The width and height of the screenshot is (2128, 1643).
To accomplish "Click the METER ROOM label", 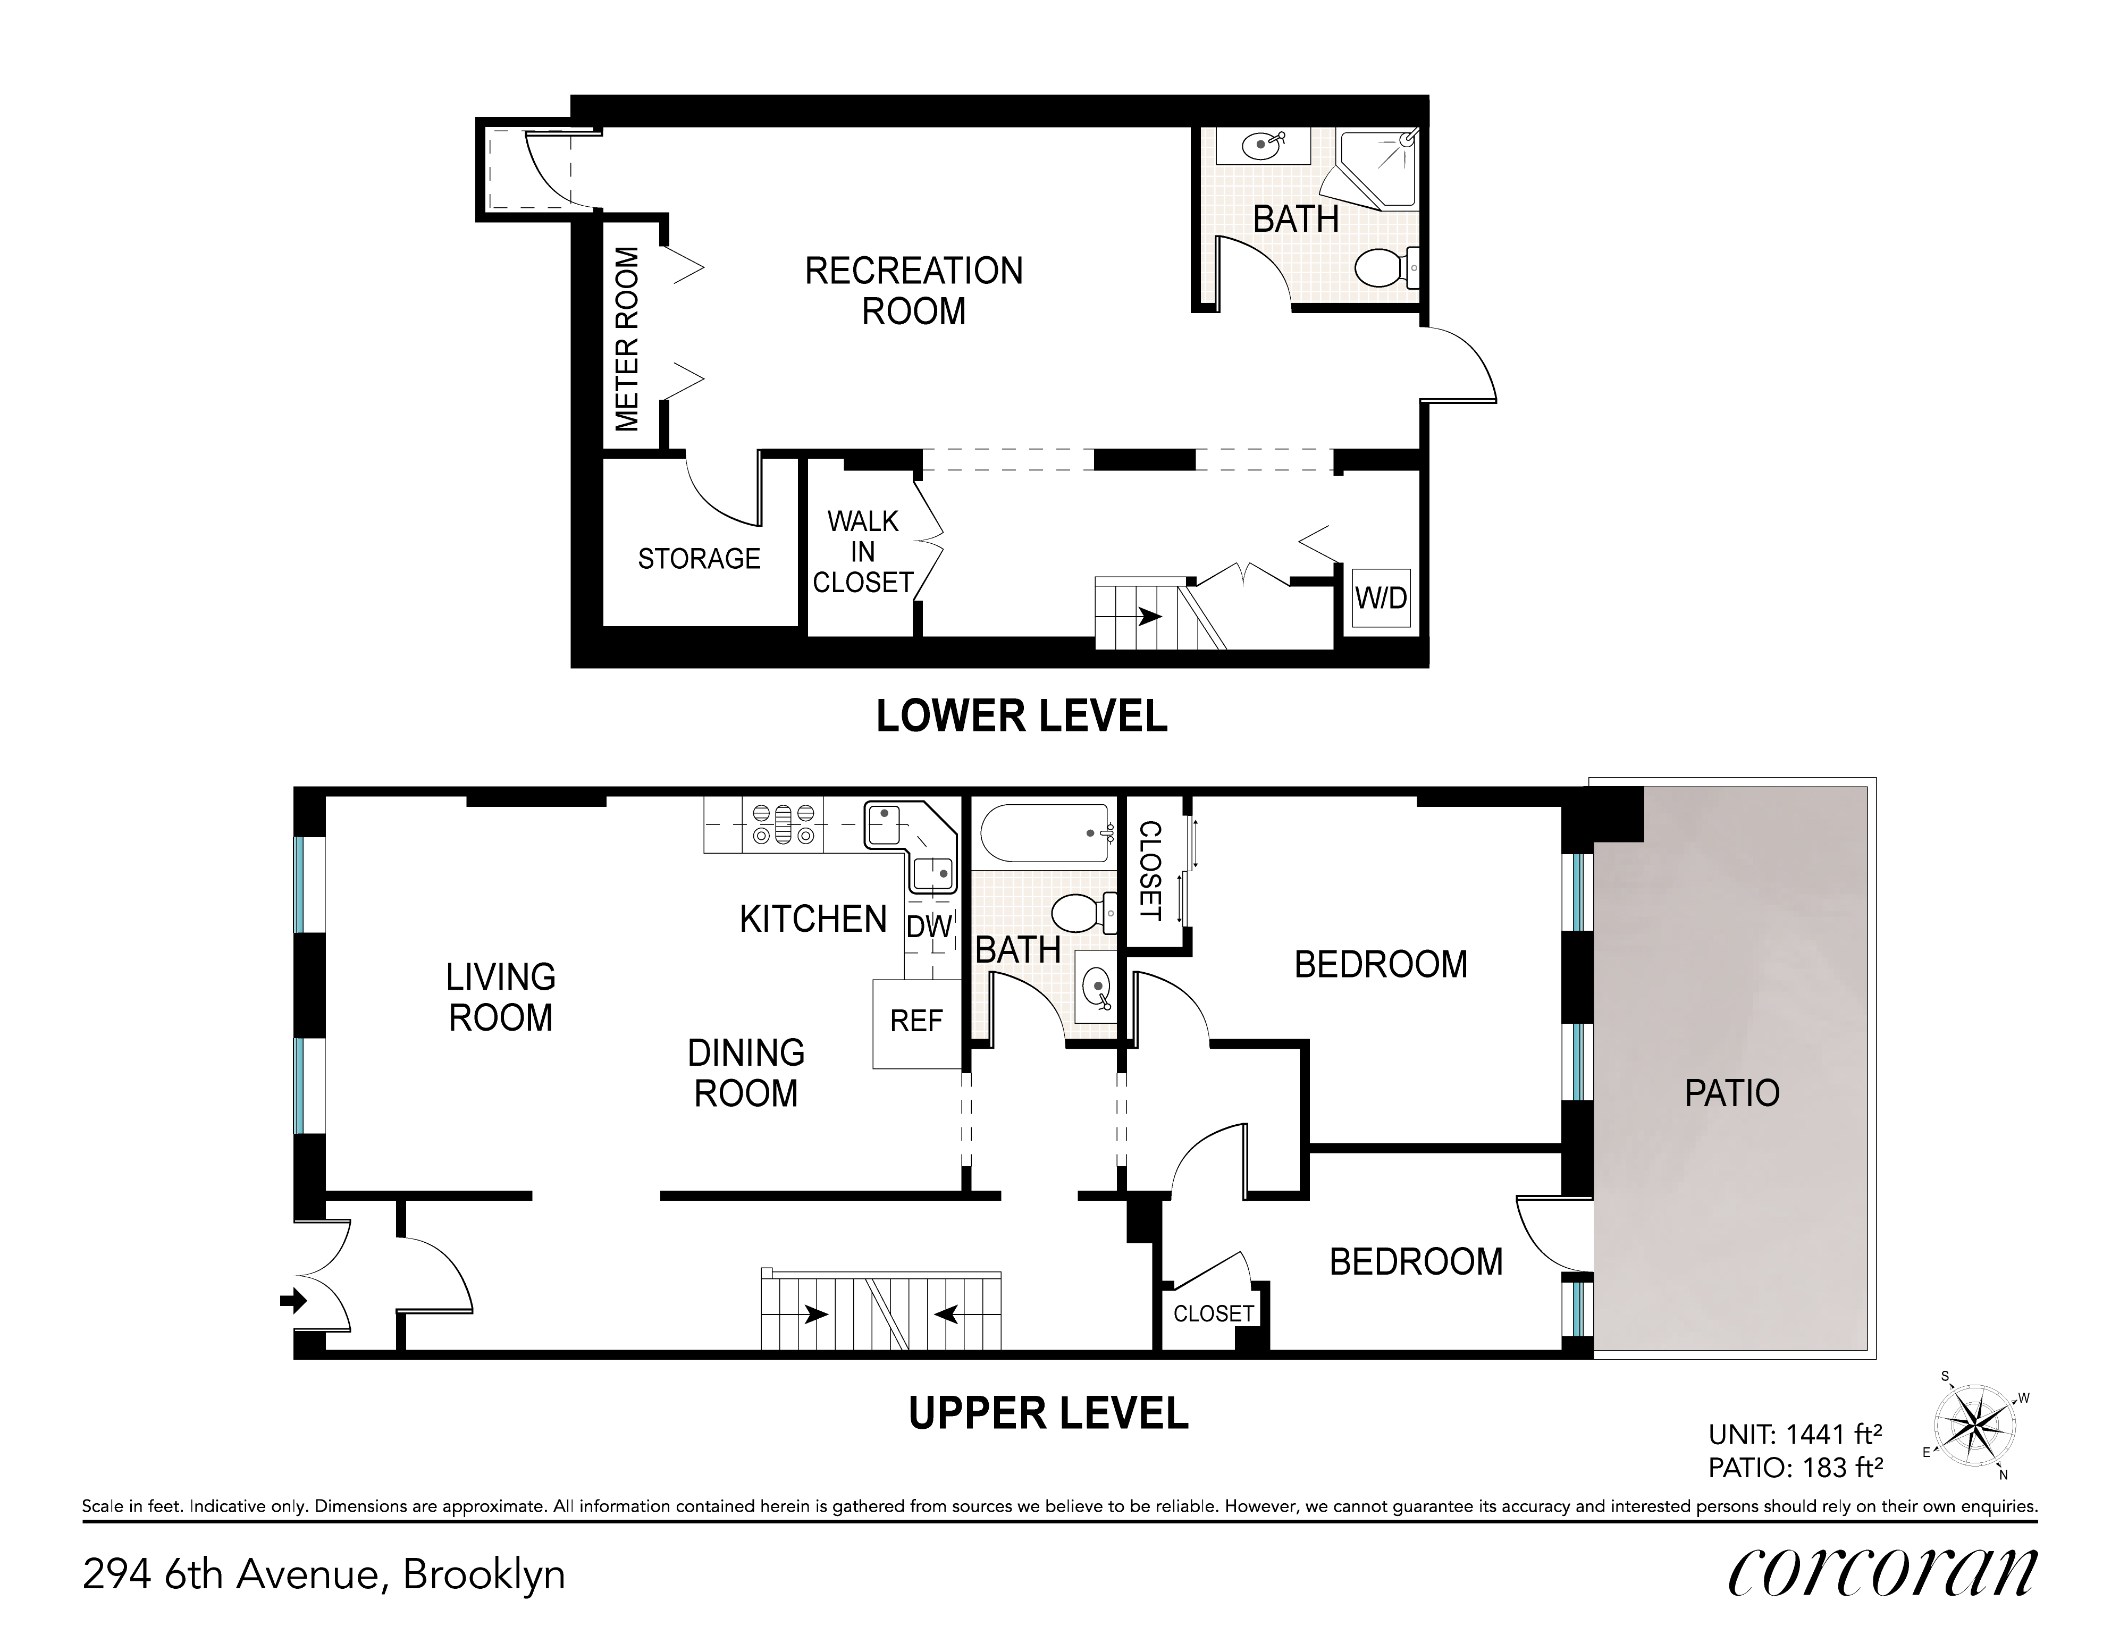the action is (627, 339).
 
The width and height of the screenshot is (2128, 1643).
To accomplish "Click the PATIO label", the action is (1731, 1093).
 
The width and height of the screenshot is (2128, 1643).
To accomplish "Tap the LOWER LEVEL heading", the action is (1021, 717).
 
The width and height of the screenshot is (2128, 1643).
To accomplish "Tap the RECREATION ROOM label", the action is (914, 290).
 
